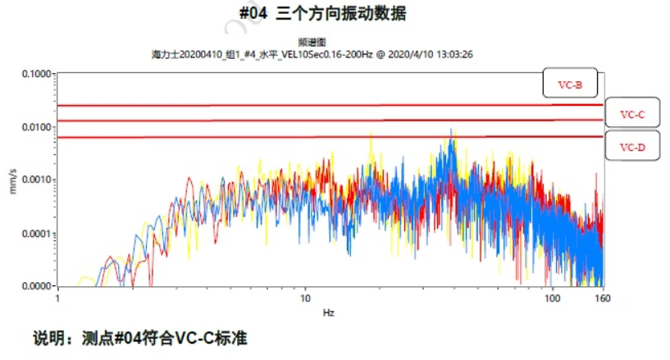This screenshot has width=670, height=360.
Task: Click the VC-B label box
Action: click(x=569, y=84)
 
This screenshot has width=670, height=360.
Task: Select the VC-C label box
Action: click(x=631, y=115)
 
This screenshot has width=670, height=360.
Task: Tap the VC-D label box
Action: click(x=631, y=147)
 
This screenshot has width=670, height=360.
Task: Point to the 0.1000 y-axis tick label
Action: click(x=35, y=74)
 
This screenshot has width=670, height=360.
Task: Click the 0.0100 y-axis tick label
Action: click(x=35, y=127)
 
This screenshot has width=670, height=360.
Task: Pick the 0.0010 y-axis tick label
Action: click(x=35, y=180)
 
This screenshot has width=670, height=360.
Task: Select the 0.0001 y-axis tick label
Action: click(x=35, y=234)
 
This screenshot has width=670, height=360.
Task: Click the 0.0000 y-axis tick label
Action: click(x=35, y=286)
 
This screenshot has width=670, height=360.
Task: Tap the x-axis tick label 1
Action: click(x=57, y=298)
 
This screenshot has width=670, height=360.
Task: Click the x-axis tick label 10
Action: click(x=305, y=298)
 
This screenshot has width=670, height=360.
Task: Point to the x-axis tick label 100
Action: click(x=554, y=298)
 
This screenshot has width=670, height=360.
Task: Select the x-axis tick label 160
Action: click(x=604, y=298)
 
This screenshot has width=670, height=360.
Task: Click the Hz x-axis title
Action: click(x=328, y=312)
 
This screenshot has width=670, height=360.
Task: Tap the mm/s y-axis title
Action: click(x=11, y=180)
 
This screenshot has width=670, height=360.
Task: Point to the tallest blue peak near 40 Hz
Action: click(x=450, y=131)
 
